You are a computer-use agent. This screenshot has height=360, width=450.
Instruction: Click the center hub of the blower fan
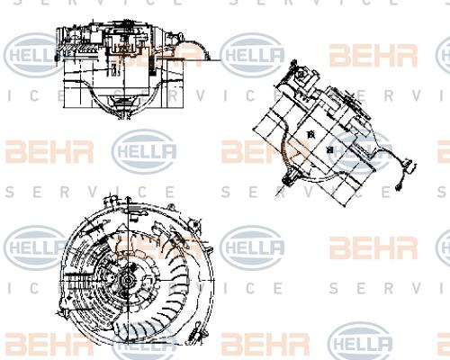tap(129, 281)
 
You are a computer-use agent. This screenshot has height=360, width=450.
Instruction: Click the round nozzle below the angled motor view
tap(288, 179)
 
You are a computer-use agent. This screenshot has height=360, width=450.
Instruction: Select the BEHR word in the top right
tap(373, 56)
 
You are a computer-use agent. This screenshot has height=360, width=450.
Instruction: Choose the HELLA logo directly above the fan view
tap(144, 151)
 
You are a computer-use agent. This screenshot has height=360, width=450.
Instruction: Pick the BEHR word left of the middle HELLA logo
tap(49, 151)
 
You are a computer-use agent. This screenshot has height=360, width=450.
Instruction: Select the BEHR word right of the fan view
tap(373, 248)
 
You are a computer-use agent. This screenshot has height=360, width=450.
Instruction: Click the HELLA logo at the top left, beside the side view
tap(33, 55)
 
